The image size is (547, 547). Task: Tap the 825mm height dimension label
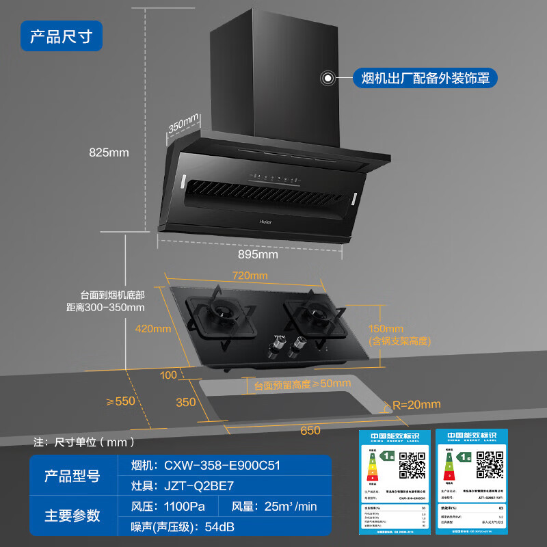109,152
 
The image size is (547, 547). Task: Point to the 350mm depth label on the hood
183,126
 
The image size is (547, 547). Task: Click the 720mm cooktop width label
250,276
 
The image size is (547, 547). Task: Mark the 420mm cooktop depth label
152,328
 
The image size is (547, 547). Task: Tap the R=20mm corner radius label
416,404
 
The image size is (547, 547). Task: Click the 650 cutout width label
310,430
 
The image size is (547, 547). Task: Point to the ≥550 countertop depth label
121,401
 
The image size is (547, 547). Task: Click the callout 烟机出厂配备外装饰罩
425,78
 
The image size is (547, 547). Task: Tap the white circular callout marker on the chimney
329,78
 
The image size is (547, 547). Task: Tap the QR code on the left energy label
412,465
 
